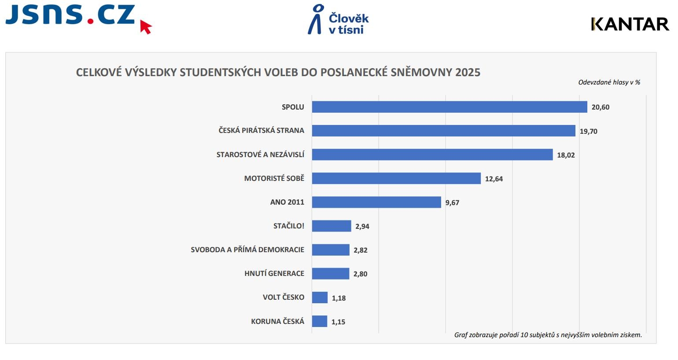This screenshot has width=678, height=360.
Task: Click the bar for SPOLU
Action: (449, 107)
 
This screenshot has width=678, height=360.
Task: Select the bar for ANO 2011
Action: (376, 202)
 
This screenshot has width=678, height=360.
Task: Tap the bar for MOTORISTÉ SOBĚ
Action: (396, 178)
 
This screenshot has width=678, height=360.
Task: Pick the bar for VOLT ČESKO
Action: (320, 298)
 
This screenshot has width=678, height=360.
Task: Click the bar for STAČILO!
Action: (332, 226)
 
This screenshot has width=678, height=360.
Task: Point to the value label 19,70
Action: (588, 131)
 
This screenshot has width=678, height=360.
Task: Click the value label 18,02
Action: (566, 155)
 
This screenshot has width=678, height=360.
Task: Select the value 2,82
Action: (360, 250)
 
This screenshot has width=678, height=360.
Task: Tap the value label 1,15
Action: (338, 322)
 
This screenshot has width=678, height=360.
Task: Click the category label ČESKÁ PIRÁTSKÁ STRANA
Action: (261, 130)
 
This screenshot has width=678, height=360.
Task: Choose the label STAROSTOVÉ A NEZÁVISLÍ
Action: (260, 154)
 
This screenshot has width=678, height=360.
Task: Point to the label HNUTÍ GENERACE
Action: (274, 273)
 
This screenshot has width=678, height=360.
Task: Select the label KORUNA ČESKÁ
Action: (277, 321)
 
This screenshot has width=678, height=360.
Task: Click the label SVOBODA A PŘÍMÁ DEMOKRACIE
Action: (247, 250)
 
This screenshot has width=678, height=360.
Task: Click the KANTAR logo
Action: (630, 24)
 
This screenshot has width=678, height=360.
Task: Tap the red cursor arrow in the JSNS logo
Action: (146, 27)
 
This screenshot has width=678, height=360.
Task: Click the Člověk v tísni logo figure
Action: (315, 19)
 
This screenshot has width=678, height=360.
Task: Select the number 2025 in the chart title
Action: (468, 72)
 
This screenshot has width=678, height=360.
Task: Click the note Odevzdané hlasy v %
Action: (609, 82)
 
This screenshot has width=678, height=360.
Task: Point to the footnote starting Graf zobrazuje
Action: (548, 335)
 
